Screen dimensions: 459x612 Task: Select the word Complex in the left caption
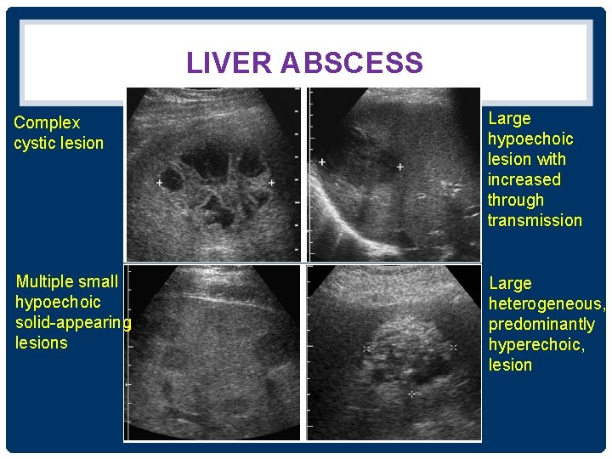pyautogui.click(x=47, y=123)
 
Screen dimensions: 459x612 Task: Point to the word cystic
pyautogui.click(x=34, y=144)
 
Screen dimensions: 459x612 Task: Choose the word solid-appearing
pyautogui.click(x=73, y=322)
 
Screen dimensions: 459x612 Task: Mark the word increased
pyautogui.click(x=524, y=179)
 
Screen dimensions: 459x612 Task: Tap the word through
pyautogui.click(x=515, y=200)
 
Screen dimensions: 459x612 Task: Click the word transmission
pyautogui.click(x=535, y=220)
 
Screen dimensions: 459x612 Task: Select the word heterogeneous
pyautogui.click(x=547, y=303)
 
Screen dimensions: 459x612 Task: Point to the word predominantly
pyautogui.click(x=541, y=324)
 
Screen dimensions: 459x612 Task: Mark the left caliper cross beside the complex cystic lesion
pyautogui.click(x=160, y=182)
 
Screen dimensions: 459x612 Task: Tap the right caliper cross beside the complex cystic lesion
pyautogui.click(x=271, y=182)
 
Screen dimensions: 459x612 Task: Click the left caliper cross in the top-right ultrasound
pyautogui.click(x=322, y=161)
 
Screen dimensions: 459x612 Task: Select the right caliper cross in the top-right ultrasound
pyautogui.click(x=399, y=167)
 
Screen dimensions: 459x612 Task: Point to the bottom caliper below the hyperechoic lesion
pyautogui.click(x=411, y=394)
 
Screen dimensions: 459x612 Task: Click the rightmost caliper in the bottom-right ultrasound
pyautogui.click(x=454, y=348)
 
